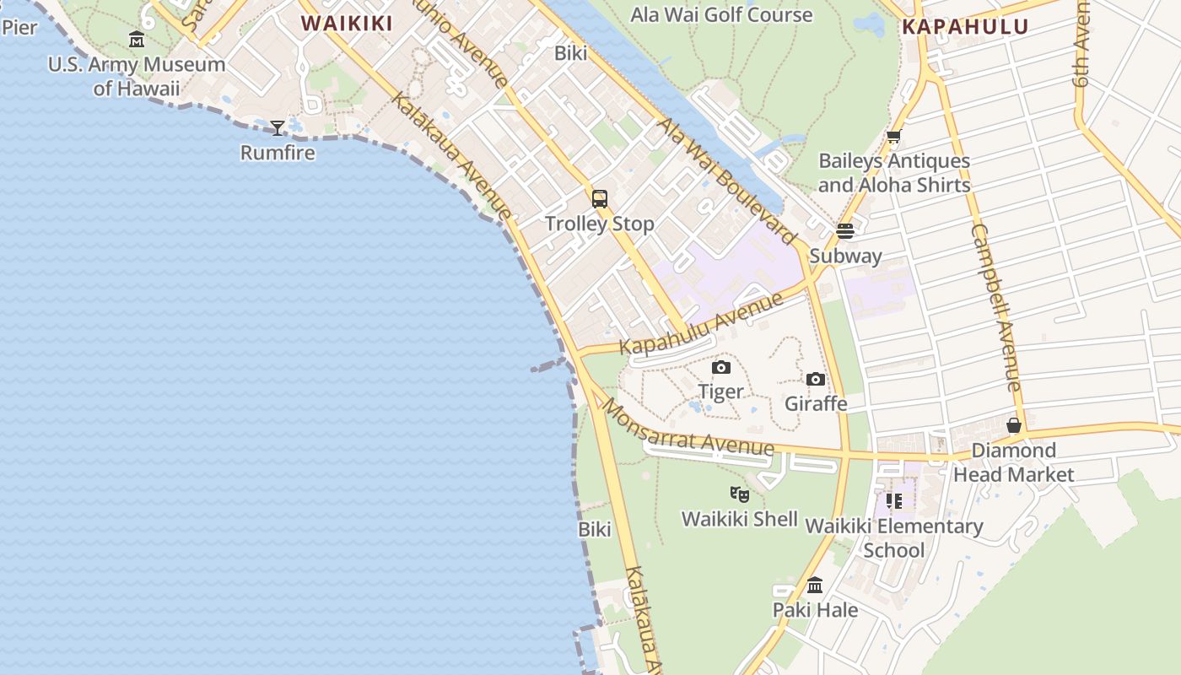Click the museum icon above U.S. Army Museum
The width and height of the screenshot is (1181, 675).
click(137, 39)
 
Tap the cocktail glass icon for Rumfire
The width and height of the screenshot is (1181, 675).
click(278, 128)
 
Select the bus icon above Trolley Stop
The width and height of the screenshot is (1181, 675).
click(600, 199)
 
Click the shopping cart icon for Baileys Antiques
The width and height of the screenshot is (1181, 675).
click(894, 136)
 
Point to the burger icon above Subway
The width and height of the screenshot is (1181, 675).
click(845, 231)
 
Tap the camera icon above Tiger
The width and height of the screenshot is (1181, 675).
click(721, 367)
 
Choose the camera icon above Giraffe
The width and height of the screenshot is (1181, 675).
click(816, 379)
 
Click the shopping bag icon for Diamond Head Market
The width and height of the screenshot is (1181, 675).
click(1014, 426)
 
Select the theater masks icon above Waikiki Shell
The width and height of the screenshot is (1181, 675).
click(740, 494)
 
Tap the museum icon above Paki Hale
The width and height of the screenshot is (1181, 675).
click(815, 585)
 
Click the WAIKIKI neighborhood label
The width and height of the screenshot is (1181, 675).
click(347, 24)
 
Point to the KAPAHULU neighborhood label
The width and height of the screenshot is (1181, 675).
click(965, 26)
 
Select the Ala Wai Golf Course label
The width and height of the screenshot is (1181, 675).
click(722, 14)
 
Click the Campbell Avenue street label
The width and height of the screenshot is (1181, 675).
click(996, 308)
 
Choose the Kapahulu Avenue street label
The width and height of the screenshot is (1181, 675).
click(701, 324)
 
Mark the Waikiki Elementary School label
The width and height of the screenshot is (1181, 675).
click(894, 538)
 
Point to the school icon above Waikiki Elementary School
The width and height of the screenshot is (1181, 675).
click(894, 501)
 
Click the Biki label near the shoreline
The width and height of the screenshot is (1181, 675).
click(595, 529)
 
